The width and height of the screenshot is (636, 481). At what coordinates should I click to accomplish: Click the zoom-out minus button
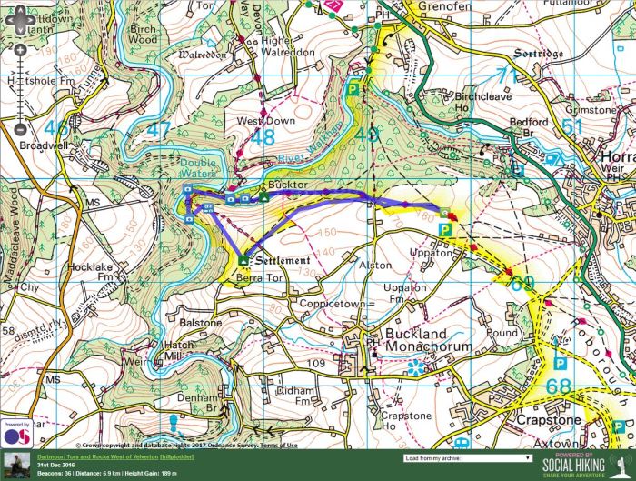pos(20,128)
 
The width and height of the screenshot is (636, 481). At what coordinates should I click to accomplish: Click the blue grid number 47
pos(158,130)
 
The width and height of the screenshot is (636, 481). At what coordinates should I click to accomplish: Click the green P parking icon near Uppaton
pos(445,230)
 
